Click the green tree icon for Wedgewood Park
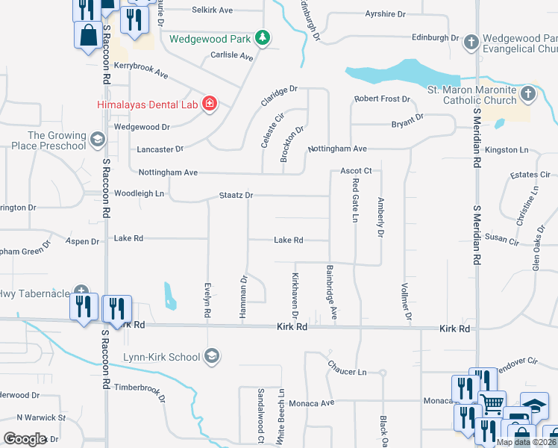point(262,37)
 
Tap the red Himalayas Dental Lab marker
point(210,104)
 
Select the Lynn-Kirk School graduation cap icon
point(213,356)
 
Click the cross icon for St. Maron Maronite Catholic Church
point(528,93)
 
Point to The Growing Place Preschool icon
point(97,140)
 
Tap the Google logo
point(25,438)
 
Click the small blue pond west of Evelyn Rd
point(170,295)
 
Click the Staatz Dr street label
point(236,195)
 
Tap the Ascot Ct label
point(356,170)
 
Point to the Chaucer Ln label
point(347,371)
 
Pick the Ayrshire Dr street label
point(386,14)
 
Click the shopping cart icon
point(492,404)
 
